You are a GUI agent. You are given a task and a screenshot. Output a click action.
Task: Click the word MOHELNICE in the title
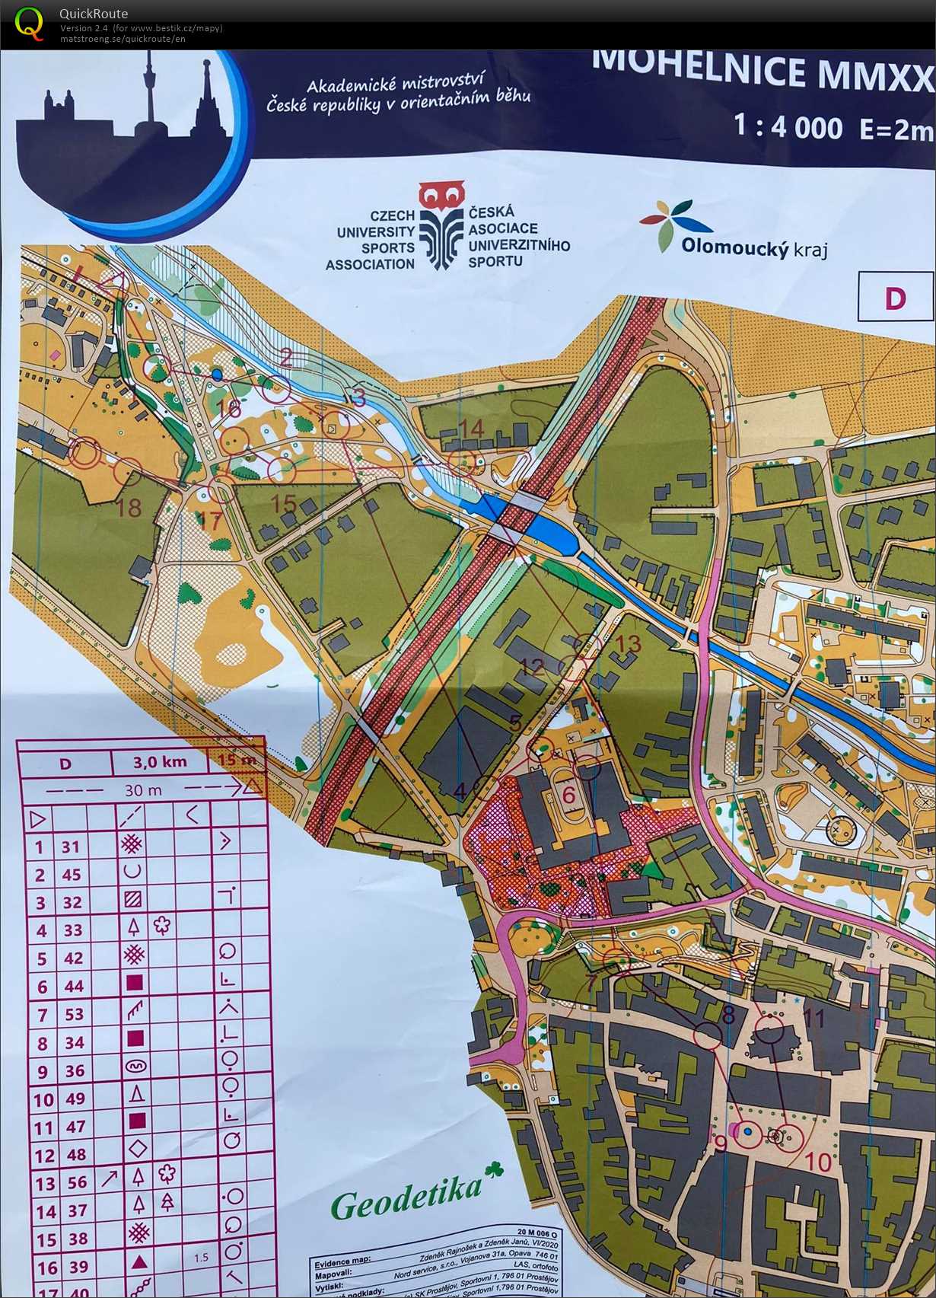pos(698,69)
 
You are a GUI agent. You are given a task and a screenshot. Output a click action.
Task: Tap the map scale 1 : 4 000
pos(788,126)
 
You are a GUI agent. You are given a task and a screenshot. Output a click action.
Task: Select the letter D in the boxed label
pos(895,298)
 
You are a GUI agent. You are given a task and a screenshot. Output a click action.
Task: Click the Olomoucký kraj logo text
pos(753,247)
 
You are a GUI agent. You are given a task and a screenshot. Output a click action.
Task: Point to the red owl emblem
pos(441,196)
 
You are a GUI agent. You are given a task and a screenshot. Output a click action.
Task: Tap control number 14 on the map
pos(472,429)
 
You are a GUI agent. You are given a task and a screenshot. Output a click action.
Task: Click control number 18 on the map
pos(129,507)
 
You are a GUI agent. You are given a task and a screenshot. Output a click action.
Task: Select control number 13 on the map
pos(629,644)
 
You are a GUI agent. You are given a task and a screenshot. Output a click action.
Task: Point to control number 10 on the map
pos(819,1162)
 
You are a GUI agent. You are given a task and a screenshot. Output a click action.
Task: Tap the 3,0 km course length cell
pos(160,761)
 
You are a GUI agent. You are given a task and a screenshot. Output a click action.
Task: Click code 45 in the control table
pos(72,875)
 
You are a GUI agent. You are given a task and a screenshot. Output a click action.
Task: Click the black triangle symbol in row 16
pos(138,1262)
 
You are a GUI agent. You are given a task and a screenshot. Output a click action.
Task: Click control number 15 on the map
pos(284,503)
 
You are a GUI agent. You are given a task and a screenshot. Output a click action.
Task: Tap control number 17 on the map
pos(209,521)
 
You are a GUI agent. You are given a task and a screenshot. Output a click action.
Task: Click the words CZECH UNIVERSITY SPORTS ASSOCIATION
pos(371,240)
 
